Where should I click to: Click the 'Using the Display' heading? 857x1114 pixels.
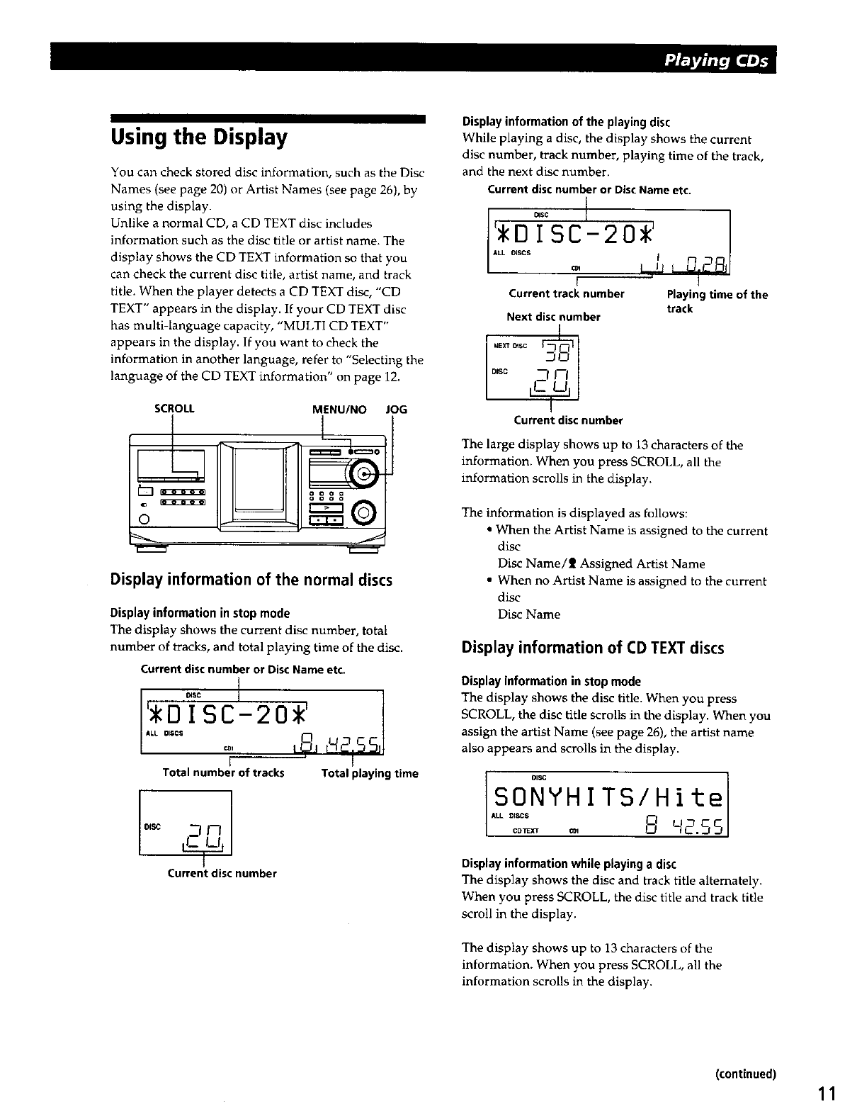point(199,137)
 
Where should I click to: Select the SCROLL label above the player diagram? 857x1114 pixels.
point(174,409)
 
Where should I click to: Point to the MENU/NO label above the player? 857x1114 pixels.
point(339,409)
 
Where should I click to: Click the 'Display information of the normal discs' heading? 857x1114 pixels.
point(251,580)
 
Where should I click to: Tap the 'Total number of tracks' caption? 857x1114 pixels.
point(223,773)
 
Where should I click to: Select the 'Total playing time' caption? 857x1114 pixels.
point(370,773)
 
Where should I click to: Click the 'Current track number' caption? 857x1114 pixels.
point(567,293)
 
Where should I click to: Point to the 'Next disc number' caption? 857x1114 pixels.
point(553,317)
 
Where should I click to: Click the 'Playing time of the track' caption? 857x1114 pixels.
point(717,301)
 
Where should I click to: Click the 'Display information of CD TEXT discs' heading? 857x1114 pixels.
point(592,647)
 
